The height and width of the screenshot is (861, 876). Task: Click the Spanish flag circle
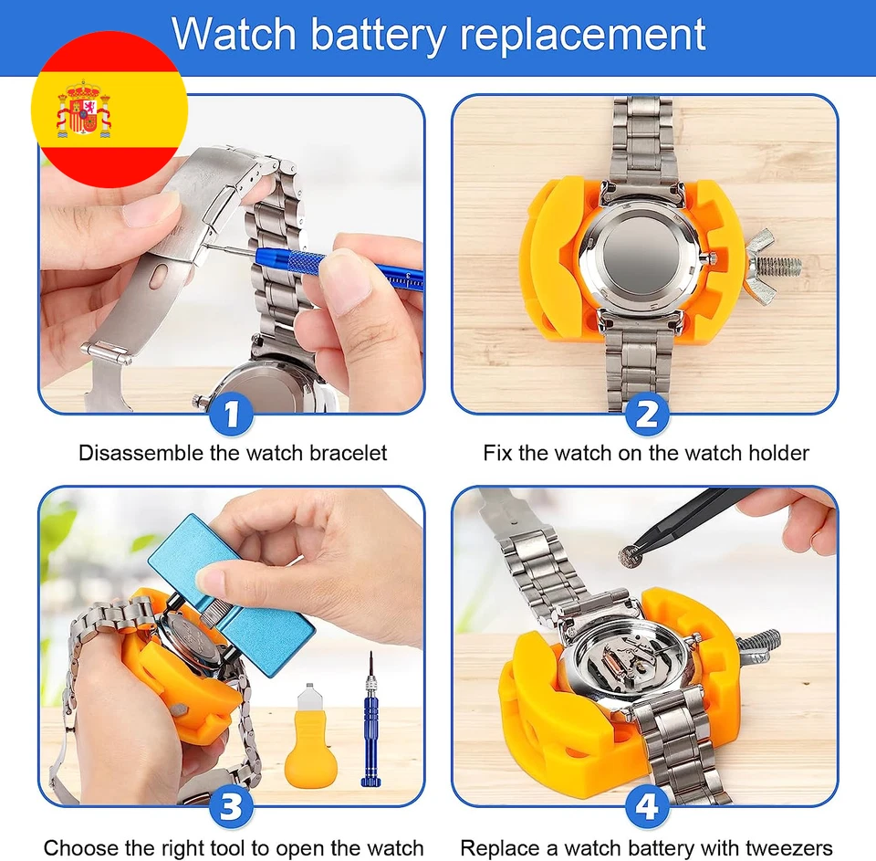point(109,109)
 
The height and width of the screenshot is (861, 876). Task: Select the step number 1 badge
point(232,415)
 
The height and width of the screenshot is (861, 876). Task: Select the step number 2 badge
point(647,415)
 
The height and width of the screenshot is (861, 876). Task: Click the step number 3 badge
point(232,806)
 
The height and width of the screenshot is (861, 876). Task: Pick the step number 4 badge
point(647,806)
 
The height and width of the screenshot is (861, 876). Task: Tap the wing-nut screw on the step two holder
point(771,266)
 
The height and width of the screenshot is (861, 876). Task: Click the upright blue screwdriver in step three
point(371,721)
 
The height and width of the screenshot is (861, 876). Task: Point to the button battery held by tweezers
point(630,553)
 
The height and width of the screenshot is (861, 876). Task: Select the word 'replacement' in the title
point(583,35)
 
